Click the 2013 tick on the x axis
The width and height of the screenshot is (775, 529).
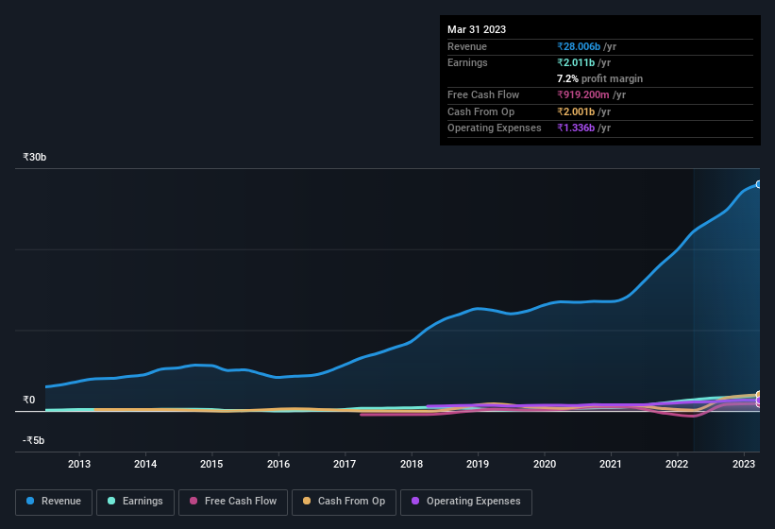79,464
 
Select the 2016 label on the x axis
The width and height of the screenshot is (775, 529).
278,464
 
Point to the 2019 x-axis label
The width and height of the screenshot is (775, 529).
478,464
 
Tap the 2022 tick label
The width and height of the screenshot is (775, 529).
677,464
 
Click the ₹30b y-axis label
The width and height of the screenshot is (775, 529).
35,157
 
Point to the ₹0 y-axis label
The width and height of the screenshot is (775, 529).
28,400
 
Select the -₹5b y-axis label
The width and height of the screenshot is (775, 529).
34,440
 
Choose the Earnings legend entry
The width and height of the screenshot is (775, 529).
135,502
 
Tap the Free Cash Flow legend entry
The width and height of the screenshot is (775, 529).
233,502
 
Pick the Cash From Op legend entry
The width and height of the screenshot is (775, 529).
344,502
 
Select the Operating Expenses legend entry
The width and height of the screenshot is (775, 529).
466,502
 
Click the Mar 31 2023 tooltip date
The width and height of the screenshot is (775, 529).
477,29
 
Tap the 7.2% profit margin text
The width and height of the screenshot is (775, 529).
600,78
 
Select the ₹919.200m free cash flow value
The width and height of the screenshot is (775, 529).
591,95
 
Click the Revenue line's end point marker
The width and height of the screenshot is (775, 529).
759,184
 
